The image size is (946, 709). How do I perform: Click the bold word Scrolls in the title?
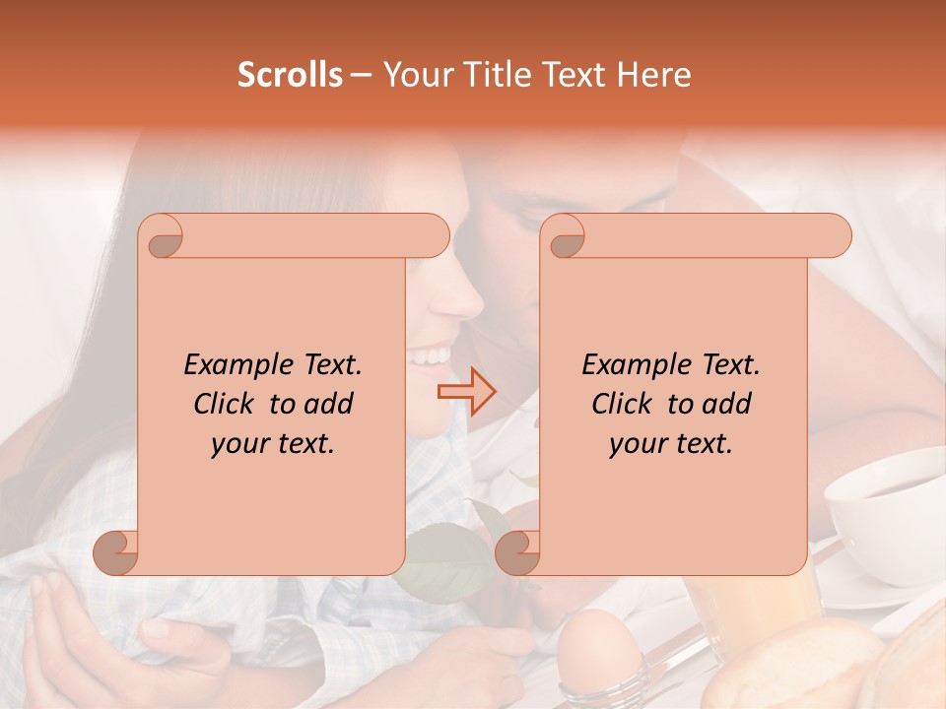(x=290, y=75)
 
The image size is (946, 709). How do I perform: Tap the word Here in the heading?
(x=653, y=75)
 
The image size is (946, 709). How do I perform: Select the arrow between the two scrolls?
(x=467, y=391)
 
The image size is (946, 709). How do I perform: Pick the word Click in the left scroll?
(x=226, y=404)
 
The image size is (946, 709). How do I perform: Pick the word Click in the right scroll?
(x=624, y=404)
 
